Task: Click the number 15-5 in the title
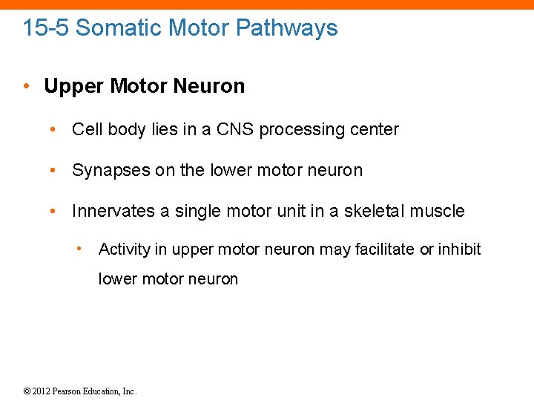tap(46, 28)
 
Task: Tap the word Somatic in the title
tap(119, 28)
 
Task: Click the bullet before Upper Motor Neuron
tap(26, 86)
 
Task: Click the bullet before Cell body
tap(53, 129)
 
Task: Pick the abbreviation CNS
tap(236, 129)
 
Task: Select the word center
tap(375, 129)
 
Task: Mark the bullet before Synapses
tap(53, 170)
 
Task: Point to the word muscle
tap(440, 211)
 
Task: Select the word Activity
tap(125, 249)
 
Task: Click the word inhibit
tap(460, 249)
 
